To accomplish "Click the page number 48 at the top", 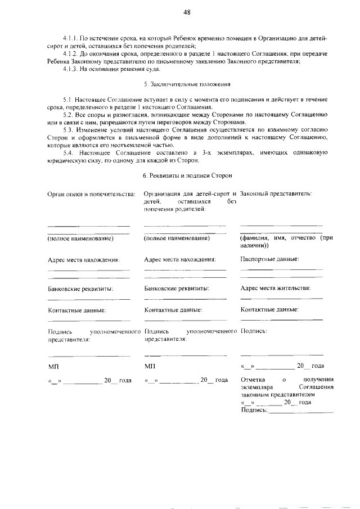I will click(x=187, y=12).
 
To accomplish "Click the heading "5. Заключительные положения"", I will click(x=187, y=84).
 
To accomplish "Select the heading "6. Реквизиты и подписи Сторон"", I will click(x=188, y=176).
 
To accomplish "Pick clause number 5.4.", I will click(x=70, y=152).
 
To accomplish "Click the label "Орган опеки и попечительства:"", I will click(x=91, y=194).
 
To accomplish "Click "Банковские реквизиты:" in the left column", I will click(x=81, y=289).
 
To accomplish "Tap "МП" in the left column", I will click(x=54, y=366).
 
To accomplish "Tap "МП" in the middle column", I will click(x=150, y=366).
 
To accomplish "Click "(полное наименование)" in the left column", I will click(x=81, y=238).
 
